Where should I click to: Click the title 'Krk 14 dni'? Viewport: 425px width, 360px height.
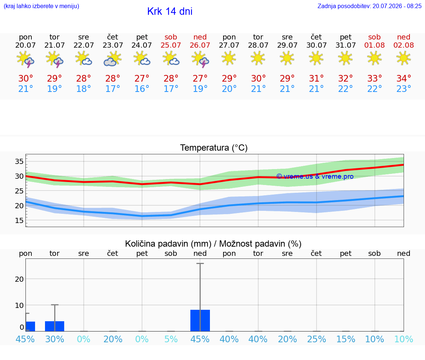[170, 11]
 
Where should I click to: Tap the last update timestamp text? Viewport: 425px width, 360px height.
[369, 6]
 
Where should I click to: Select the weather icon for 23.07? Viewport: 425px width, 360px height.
[113, 59]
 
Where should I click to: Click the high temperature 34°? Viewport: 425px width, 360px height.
[404, 78]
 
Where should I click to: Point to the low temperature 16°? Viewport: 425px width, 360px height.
[142, 89]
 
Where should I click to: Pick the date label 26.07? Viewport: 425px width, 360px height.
[200, 45]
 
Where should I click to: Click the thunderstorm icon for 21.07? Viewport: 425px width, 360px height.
[55, 59]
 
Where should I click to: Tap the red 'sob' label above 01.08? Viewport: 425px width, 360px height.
[374, 37]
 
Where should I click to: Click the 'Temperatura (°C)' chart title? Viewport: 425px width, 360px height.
[214, 148]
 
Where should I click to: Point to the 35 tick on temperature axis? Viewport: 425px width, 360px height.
[19, 161]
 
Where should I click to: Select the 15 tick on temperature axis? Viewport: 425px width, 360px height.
[19, 220]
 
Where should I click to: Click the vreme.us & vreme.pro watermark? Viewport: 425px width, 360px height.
[315, 176]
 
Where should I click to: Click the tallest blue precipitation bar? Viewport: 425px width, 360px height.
[200, 320]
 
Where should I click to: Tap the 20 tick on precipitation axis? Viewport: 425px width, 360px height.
[19, 279]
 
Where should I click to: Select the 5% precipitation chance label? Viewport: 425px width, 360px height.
[171, 339]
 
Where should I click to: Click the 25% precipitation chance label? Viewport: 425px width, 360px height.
[316, 339]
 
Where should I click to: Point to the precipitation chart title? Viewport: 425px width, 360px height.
[213, 244]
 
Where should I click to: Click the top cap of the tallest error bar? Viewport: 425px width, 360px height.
[200, 263]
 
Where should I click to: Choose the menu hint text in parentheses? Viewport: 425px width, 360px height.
[41, 6]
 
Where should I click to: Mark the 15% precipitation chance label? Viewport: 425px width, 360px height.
[346, 339]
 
